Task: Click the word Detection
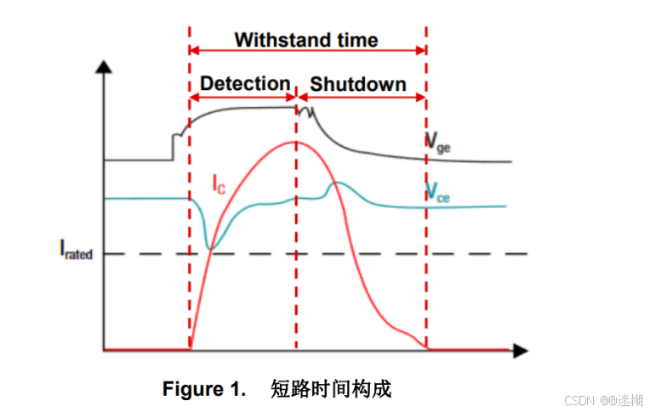[x=245, y=84]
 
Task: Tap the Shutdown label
[x=357, y=84]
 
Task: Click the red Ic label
[x=219, y=183]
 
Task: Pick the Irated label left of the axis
[x=76, y=251]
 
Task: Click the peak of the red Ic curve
[x=296, y=141]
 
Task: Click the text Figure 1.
[x=204, y=390]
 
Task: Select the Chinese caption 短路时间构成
[x=331, y=390]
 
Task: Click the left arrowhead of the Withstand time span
[x=193, y=51]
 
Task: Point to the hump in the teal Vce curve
[x=338, y=183]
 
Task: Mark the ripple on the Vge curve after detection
[x=306, y=111]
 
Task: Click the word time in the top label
[x=355, y=40]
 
